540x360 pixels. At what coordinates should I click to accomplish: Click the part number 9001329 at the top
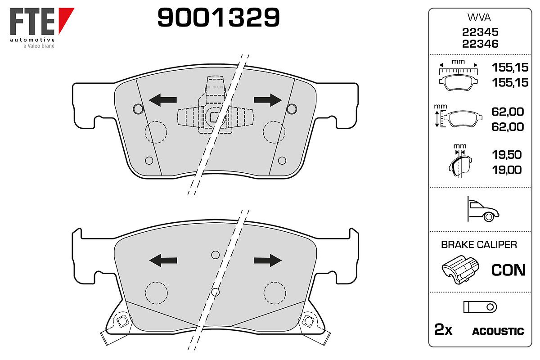click(x=218, y=17)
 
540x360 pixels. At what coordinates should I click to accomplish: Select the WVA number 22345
click(x=480, y=32)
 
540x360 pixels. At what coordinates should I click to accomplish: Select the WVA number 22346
click(x=480, y=44)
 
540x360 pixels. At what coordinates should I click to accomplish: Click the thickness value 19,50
click(x=507, y=154)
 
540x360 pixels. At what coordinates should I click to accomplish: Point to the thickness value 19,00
click(x=507, y=170)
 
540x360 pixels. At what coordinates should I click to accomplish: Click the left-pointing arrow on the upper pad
click(x=163, y=100)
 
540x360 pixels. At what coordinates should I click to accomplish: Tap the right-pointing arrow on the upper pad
click(x=268, y=100)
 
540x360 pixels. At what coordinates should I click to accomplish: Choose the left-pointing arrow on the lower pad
click(x=163, y=260)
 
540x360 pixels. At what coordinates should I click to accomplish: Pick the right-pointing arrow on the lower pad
click(x=268, y=260)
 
